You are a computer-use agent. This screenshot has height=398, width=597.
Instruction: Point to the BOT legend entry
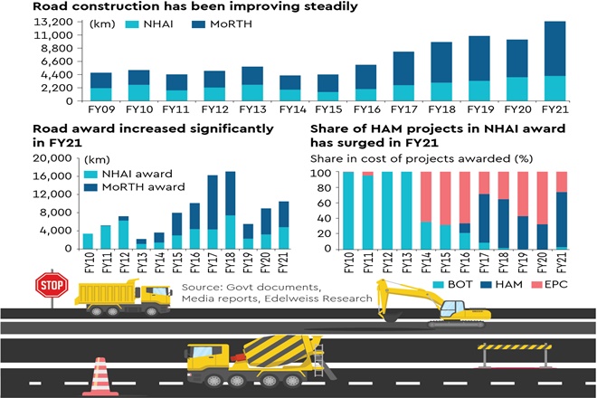pyautogui.click(x=457, y=285)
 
